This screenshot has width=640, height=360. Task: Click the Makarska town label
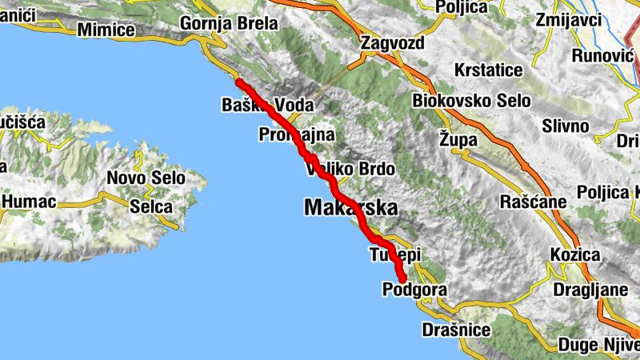350,209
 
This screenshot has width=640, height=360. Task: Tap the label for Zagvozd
391,43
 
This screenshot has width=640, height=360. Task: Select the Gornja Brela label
230,23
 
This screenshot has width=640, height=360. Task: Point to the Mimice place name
106,30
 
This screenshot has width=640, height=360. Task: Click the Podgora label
413,289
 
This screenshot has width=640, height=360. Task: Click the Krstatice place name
488,70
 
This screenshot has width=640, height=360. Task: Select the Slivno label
566,126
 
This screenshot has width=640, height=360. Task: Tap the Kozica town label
575,255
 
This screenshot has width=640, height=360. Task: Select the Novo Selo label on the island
146,178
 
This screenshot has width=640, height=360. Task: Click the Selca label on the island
151,206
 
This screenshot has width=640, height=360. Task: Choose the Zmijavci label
569,20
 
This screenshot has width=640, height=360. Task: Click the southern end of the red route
402,277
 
